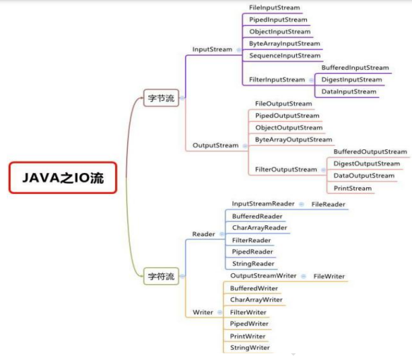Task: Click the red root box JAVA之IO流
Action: pos(63,178)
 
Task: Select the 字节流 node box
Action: pos(161,98)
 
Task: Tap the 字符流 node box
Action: pos(161,277)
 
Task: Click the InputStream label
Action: pos(212,49)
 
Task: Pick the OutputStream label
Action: pos(215,145)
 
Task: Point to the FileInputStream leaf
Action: pos(274,7)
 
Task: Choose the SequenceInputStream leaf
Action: pos(285,56)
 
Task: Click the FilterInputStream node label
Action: pos(277,79)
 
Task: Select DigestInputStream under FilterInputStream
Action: pos(351,79)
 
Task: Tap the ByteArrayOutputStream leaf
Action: pos(294,140)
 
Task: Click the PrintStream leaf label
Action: pos(353,188)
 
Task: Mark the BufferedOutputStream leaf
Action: pos(370,152)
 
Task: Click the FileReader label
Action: pos(329,205)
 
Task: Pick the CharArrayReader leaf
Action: pos(260,227)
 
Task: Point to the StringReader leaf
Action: pos(253,264)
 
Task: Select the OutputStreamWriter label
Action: pos(263,276)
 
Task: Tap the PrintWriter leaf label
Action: pos(248,336)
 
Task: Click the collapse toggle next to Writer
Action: pos(220,312)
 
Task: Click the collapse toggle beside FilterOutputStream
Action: pos(323,170)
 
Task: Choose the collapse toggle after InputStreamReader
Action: pos(302,204)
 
